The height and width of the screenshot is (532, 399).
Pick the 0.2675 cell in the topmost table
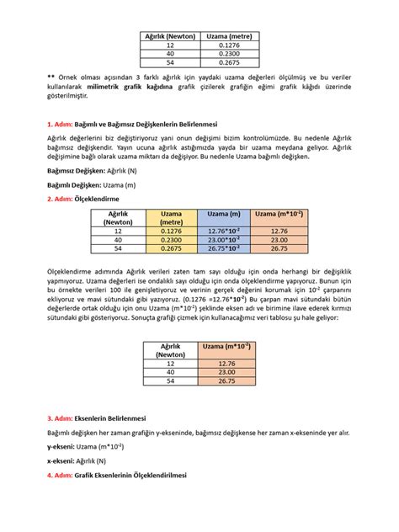229,61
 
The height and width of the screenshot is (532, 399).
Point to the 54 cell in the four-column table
118,248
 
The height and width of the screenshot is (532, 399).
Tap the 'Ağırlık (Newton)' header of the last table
171,350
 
